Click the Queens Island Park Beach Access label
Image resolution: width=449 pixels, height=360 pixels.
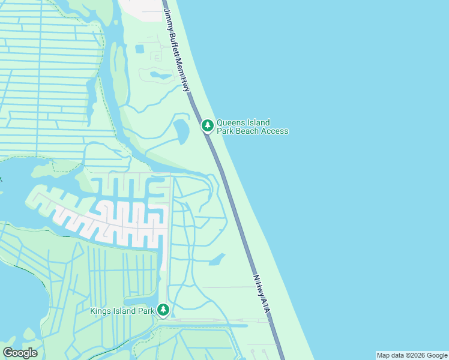pyautogui.click(x=252, y=127)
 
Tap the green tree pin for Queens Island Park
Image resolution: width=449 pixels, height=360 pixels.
pyautogui.click(x=207, y=126)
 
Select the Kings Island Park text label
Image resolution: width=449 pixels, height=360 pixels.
pyautogui.click(x=122, y=311)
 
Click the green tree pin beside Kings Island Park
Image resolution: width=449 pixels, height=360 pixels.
pyautogui.click(x=163, y=310)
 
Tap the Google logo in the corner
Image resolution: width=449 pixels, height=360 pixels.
pyautogui.click(x=20, y=353)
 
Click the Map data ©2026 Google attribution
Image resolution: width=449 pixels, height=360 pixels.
pyautogui.click(x=412, y=355)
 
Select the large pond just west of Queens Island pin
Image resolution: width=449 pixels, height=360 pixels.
pyautogui.click(x=180, y=130)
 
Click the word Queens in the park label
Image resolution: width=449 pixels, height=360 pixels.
pyautogui.click(x=231, y=122)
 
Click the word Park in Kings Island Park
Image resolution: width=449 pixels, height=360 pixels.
pyautogui.click(x=145, y=311)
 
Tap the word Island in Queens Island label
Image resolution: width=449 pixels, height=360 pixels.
pyautogui.click(x=258, y=122)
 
